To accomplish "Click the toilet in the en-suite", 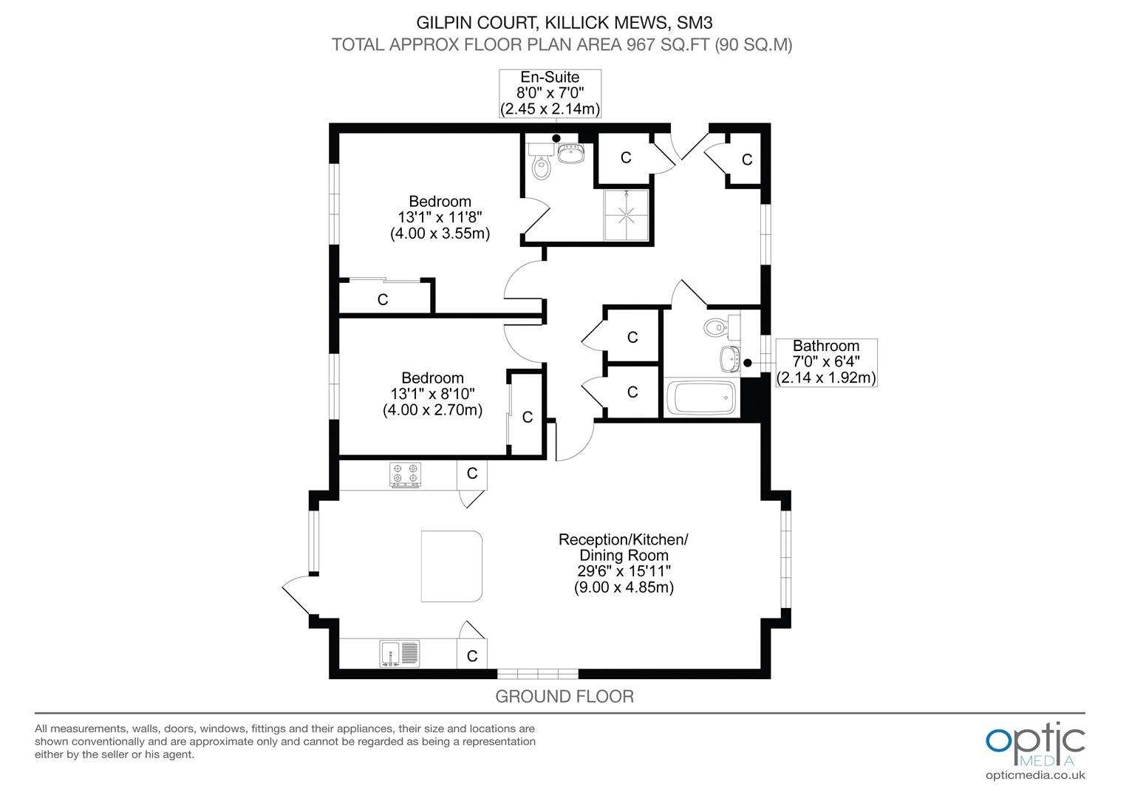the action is [541, 161].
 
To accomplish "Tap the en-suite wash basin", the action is [571, 154].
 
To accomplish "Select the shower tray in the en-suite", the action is [627, 215].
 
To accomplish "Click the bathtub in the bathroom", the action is [701, 398].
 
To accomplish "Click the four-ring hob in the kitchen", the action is [405, 475].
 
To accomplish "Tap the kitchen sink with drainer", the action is [399, 654].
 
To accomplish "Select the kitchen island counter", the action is [451, 566].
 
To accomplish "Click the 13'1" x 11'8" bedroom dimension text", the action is [440, 217].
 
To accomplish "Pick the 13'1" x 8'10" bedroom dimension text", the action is [432, 394].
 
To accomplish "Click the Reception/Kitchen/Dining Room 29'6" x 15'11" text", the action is [624, 563].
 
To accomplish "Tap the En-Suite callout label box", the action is [550, 94].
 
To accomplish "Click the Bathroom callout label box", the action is [826, 363].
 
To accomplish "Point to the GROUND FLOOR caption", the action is [564, 696].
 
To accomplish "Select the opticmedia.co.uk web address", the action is [1035, 775].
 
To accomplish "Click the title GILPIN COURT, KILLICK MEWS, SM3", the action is [564, 23].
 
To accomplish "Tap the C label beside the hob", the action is [471, 474].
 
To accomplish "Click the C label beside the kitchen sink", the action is [471, 656].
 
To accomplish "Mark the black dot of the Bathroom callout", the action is [748, 363].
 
